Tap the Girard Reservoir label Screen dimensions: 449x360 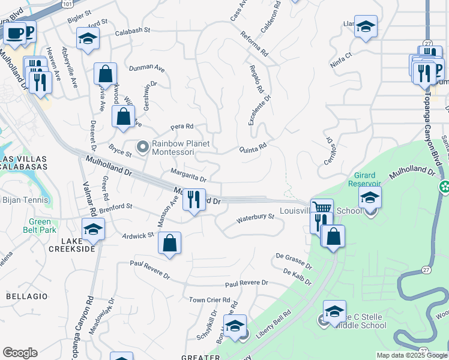click(x=364, y=179)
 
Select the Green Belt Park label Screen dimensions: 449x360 click(x=40, y=226)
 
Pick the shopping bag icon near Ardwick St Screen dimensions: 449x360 click(x=170, y=243)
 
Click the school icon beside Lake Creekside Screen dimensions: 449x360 click(x=93, y=229)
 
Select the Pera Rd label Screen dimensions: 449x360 click(x=182, y=127)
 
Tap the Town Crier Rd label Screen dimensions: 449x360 click(x=209, y=300)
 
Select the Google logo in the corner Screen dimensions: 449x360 click(x=20, y=353)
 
